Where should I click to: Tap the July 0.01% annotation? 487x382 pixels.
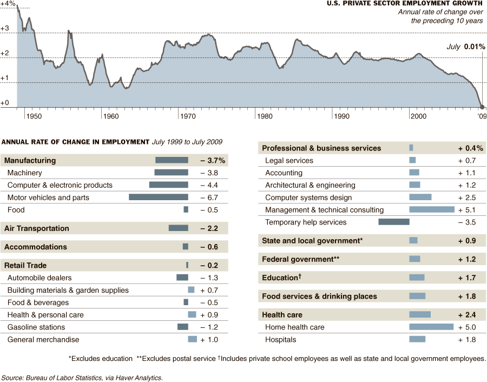(x=465, y=47)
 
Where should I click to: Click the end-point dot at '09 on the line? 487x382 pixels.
(x=482, y=107)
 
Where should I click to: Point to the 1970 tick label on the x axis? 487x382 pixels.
(x=187, y=116)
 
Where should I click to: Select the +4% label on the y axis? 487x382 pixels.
(x=8, y=4)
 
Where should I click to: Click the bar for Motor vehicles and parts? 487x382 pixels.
(x=159, y=197)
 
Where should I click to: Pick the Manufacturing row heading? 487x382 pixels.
(x=30, y=160)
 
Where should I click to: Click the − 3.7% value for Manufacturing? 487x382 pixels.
(x=213, y=160)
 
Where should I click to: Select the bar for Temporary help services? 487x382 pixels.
(x=393, y=222)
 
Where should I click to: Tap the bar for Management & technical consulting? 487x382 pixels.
(x=432, y=209)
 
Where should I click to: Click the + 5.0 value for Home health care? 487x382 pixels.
(x=466, y=327)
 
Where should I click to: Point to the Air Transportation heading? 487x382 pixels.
(x=37, y=228)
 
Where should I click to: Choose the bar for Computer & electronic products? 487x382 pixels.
(x=168, y=185)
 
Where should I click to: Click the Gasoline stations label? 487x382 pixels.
(x=36, y=327)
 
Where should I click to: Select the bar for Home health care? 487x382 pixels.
(x=431, y=327)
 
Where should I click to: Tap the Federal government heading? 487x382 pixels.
(x=300, y=259)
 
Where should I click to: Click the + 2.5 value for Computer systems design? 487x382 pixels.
(x=466, y=197)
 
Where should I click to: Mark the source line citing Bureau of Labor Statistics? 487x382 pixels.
(x=82, y=378)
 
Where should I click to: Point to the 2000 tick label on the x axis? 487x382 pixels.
(x=417, y=116)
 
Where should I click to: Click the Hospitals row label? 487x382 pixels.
(x=280, y=339)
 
